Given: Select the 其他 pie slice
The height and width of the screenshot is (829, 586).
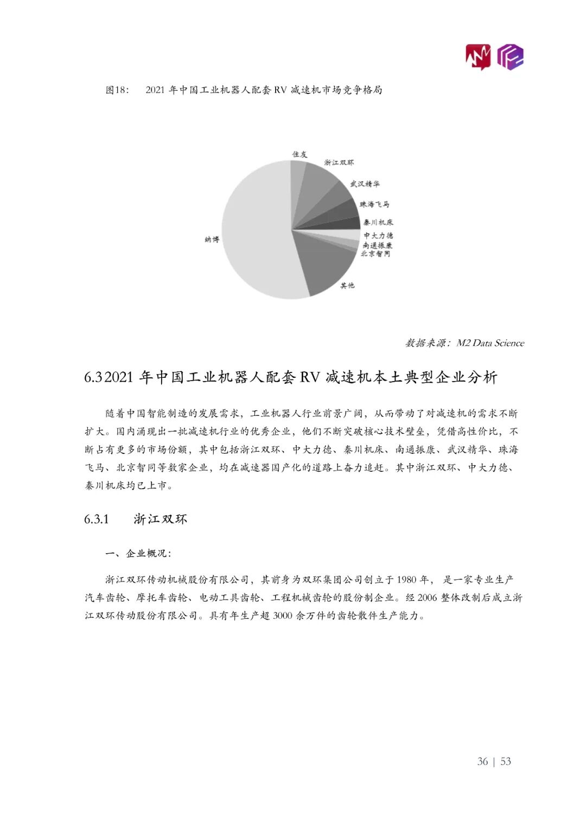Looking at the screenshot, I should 326,261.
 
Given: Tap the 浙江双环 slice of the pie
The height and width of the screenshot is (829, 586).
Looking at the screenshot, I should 323,185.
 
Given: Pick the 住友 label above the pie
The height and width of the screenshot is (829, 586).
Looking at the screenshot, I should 300,154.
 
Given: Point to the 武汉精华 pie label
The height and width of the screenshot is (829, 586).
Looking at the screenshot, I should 365,184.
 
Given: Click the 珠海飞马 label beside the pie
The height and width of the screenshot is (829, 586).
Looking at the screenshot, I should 374,204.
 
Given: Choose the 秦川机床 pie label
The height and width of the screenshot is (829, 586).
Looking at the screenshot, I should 378,222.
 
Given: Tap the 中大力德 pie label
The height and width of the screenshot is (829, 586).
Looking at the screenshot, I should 378,235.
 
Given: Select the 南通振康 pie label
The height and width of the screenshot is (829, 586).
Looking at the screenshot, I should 378,245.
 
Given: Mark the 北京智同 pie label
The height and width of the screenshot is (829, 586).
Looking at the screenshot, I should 375,254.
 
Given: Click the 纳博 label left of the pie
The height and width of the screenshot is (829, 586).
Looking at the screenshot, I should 212,239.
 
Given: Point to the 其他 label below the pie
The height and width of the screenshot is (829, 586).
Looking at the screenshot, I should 347,285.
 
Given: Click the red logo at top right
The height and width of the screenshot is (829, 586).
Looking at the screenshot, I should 478,56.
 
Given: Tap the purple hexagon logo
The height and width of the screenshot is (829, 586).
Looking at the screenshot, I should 511,56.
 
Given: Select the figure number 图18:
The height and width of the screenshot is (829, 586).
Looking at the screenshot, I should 117,90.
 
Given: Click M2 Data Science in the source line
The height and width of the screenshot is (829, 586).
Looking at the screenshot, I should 491,343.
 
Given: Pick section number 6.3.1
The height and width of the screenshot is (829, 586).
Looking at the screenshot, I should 97,520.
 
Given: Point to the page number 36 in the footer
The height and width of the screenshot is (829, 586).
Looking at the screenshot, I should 482,761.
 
